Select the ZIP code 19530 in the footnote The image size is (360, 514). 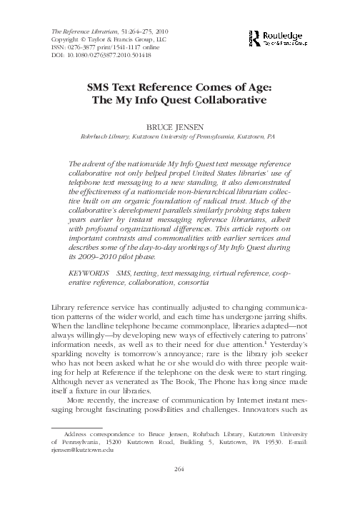click(277, 443)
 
